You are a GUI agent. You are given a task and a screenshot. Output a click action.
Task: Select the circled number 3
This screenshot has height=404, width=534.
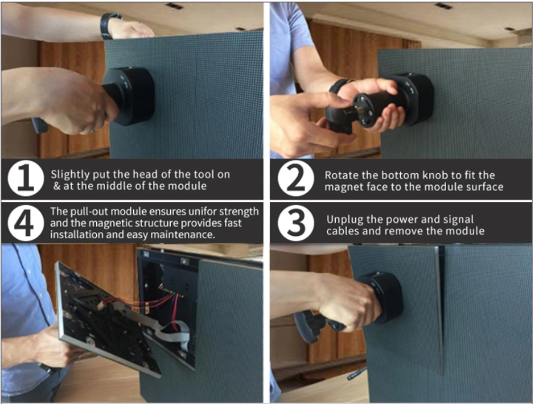click(x=295, y=224)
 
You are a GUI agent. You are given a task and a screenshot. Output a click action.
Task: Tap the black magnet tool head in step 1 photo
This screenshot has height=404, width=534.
click(x=129, y=94)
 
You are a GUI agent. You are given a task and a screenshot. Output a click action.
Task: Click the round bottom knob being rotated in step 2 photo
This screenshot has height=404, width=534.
click(x=364, y=110)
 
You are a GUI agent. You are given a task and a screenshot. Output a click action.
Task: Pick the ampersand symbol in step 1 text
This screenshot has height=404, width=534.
click(x=56, y=186)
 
